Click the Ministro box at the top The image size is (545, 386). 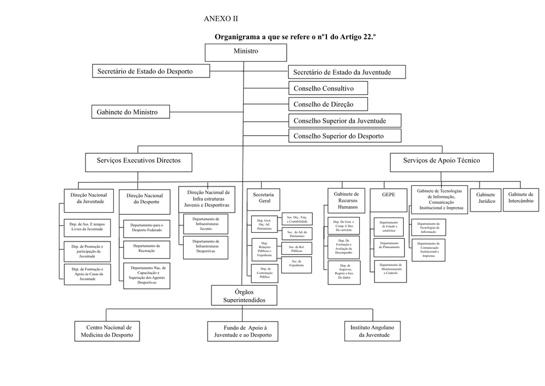246,52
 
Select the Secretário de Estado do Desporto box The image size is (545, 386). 144,71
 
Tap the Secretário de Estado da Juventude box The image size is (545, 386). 342,72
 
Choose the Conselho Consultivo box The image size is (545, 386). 328,88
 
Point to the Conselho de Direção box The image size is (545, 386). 328,104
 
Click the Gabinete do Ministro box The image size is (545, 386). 130,112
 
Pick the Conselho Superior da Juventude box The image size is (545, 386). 344,120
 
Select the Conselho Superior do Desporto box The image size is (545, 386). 344,136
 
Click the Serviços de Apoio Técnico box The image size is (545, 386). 441,161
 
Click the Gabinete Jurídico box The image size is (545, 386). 486,197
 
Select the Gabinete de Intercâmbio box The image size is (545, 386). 520,197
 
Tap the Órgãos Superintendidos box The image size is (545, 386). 244,296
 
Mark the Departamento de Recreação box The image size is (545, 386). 146,249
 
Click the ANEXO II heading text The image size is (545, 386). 221,19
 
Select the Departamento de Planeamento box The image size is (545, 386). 389,245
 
